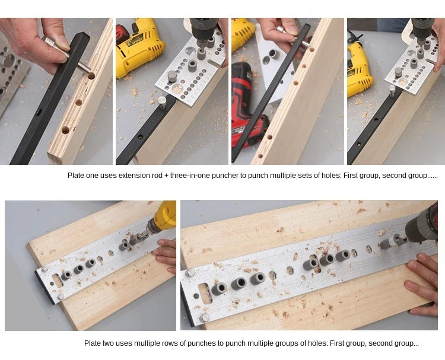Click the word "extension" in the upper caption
click(132, 176)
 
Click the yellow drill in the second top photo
click(138, 46)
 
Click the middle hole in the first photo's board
click(78, 103)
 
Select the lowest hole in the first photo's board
click(65, 130)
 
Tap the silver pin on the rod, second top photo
click(162, 103)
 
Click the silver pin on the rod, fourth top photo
click(392, 91)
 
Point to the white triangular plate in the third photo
click(272, 62)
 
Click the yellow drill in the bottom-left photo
click(162, 218)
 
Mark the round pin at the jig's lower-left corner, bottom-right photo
click(204, 318)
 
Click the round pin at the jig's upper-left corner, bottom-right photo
click(190, 273)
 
